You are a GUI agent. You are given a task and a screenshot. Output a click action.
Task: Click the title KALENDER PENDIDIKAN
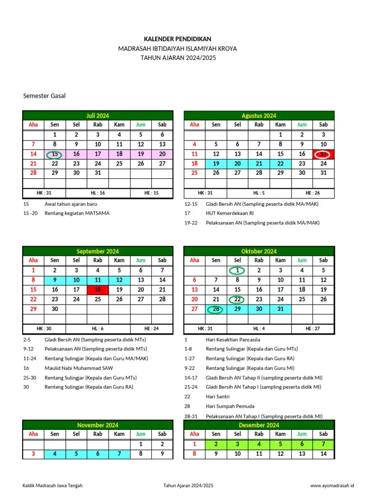178,39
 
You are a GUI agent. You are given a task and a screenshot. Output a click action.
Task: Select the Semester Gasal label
44,96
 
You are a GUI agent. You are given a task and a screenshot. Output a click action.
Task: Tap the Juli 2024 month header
98,115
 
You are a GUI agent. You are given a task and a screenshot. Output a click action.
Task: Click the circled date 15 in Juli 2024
54,154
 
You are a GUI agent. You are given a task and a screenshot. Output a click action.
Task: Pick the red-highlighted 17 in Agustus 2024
323,154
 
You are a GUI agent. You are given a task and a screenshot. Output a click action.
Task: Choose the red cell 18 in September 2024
98,290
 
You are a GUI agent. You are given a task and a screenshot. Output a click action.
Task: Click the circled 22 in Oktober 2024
238,300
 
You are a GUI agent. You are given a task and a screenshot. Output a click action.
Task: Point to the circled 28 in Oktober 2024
216,309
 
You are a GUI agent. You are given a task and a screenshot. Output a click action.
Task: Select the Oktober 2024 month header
259,251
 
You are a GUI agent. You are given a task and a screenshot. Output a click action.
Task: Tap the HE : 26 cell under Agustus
312,193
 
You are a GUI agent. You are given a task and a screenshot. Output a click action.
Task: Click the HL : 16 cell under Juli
98,193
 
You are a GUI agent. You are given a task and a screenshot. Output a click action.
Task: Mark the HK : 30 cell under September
44,329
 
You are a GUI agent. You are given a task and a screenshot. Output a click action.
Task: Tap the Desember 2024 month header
259,425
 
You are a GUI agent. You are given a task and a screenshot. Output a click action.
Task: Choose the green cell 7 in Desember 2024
323,444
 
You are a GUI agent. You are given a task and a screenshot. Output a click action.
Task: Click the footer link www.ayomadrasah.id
332,486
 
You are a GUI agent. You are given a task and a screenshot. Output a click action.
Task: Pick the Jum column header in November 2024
140,434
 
